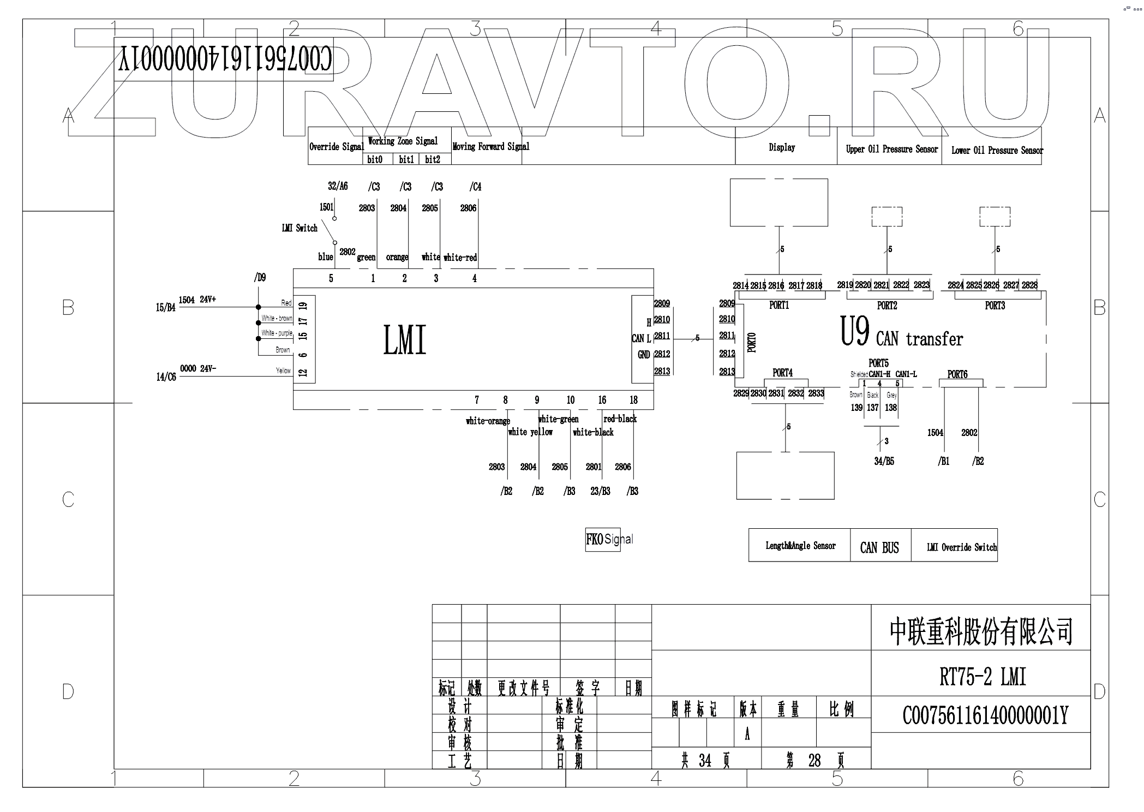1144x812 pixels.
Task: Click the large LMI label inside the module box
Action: (x=404, y=340)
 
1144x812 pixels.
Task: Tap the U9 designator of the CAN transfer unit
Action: (x=855, y=332)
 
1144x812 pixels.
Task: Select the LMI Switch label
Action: (x=300, y=228)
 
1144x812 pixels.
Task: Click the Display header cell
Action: (x=782, y=147)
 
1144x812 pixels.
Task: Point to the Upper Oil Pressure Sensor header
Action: (x=891, y=149)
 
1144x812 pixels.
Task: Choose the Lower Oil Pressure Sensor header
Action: (x=997, y=150)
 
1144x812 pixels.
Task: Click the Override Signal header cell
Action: (x=336, y=147)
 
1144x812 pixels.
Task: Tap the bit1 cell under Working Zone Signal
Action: (x=406, y=159)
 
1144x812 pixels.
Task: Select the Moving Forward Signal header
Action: (x=490, y=146)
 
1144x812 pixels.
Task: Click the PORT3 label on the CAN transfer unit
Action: (x=995, y=306)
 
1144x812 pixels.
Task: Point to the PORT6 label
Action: (x=957, y=374)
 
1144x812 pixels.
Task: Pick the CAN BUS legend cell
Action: (x=879, y=547)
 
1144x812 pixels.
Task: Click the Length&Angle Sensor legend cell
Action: (x=800, y=546)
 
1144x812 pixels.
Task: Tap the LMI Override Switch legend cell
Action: (x=961, y=547)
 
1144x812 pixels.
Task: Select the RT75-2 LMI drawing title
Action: (x=983, y=677)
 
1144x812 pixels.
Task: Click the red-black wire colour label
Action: (x=620, y=419)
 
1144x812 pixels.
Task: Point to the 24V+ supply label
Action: (x=208, y=300)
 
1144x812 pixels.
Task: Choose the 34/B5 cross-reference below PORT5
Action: (x=884, y=461)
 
